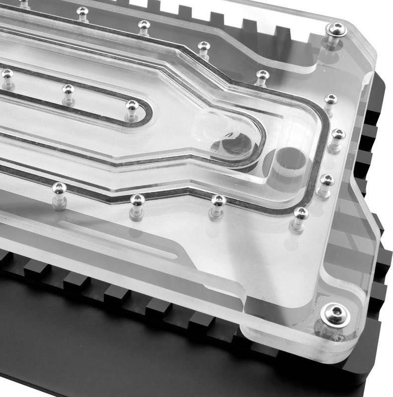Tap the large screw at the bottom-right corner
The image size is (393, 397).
click(x=335, y=315)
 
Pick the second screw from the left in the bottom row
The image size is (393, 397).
click(x=137, y=200)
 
